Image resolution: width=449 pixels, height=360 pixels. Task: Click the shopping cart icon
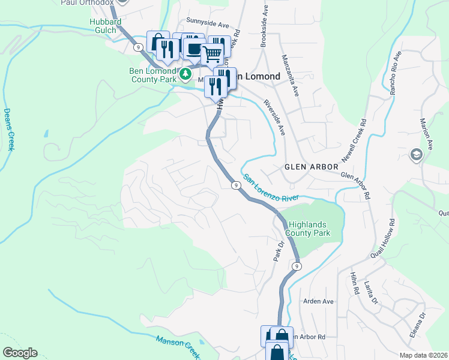[211, 54]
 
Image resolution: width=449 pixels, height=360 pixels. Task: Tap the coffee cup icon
[193, 48]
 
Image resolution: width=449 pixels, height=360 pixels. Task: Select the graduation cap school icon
[415, 156]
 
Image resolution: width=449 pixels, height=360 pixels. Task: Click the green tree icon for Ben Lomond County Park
[186, 74]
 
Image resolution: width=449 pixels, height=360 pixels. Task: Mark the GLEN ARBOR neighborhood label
[307, 167]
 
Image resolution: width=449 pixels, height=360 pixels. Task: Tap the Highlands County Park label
[308, 228]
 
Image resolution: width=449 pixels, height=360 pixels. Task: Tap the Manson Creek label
[177, 347]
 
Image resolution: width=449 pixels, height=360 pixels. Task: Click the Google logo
[20, 353]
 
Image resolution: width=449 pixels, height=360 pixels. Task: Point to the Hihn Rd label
[354, 283]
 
